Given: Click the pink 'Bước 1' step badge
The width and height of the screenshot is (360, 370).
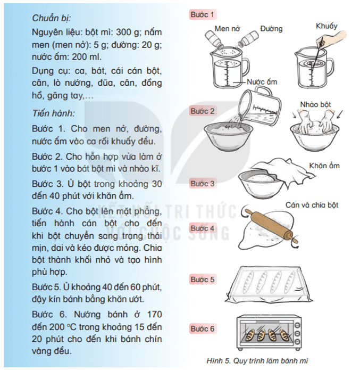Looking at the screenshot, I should click(x=203, y=14).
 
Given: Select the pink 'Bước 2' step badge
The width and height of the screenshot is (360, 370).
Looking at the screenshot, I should click(x=203, y=111).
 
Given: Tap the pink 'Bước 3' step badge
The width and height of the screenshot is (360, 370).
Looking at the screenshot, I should click(x=203, y=184).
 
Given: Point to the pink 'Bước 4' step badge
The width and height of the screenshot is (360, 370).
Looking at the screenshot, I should click(x=203, y=228).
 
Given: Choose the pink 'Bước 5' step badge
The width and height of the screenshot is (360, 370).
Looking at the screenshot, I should click(x=203, y=279).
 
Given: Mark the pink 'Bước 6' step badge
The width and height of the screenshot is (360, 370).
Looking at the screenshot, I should click(x=203, y=329).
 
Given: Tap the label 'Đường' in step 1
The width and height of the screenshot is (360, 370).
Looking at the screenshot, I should click(x=271, y=29).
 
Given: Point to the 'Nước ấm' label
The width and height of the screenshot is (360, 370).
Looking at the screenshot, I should click(x=262, y=82).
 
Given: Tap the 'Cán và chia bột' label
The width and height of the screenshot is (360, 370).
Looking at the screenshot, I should click(x=312, y=205).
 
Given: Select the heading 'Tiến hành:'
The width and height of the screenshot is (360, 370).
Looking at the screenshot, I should click(x=53, y=112).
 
